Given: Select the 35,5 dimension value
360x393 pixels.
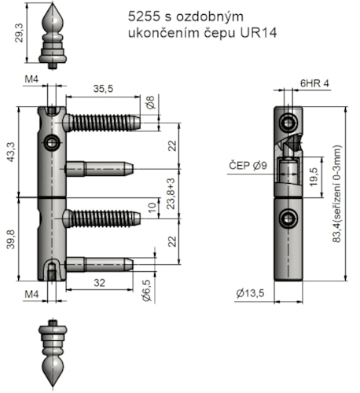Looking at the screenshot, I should [102, 89].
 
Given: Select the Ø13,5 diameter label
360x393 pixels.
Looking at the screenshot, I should [252, 295].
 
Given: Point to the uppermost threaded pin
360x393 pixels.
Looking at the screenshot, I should [102, 122].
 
